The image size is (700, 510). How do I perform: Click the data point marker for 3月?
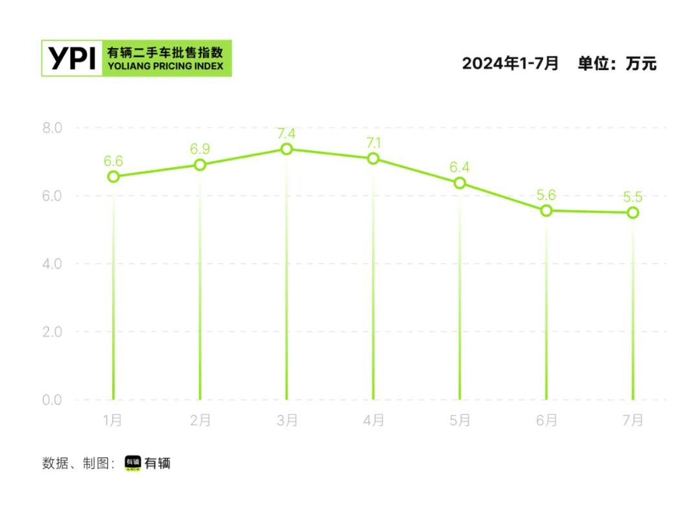286,149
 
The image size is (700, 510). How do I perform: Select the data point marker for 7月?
633,213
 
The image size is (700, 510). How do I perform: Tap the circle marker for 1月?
113,176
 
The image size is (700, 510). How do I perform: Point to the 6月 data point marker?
546,210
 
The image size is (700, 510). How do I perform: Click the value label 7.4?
286,134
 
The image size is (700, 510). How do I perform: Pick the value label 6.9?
200,149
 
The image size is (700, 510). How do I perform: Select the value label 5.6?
546,195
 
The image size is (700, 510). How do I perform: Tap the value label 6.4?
460,167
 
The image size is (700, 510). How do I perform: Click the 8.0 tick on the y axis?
52,128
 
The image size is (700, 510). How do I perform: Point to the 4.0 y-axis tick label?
52,263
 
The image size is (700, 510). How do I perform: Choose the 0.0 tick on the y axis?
52,400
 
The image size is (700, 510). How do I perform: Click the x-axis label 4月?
373,420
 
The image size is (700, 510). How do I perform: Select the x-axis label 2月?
200,420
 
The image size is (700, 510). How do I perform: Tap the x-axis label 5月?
460,420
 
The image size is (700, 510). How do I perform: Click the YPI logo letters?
72,58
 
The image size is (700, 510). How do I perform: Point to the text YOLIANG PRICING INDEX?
165,66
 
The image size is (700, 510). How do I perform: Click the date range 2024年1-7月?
510,64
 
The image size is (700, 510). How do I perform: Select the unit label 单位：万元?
617,64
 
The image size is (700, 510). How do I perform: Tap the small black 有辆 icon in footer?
132,463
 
